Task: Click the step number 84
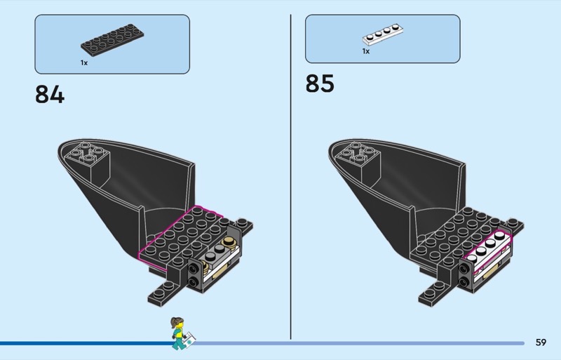[x=49, y=94]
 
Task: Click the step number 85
[x=320, y=84]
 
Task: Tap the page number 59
[x=540, y=342]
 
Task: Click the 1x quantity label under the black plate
[x=83, y=63]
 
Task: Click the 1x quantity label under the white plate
[x=365, y=51]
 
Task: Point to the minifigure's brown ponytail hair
[x=173, y=323]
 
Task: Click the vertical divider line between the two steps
[x=291, y=175]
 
